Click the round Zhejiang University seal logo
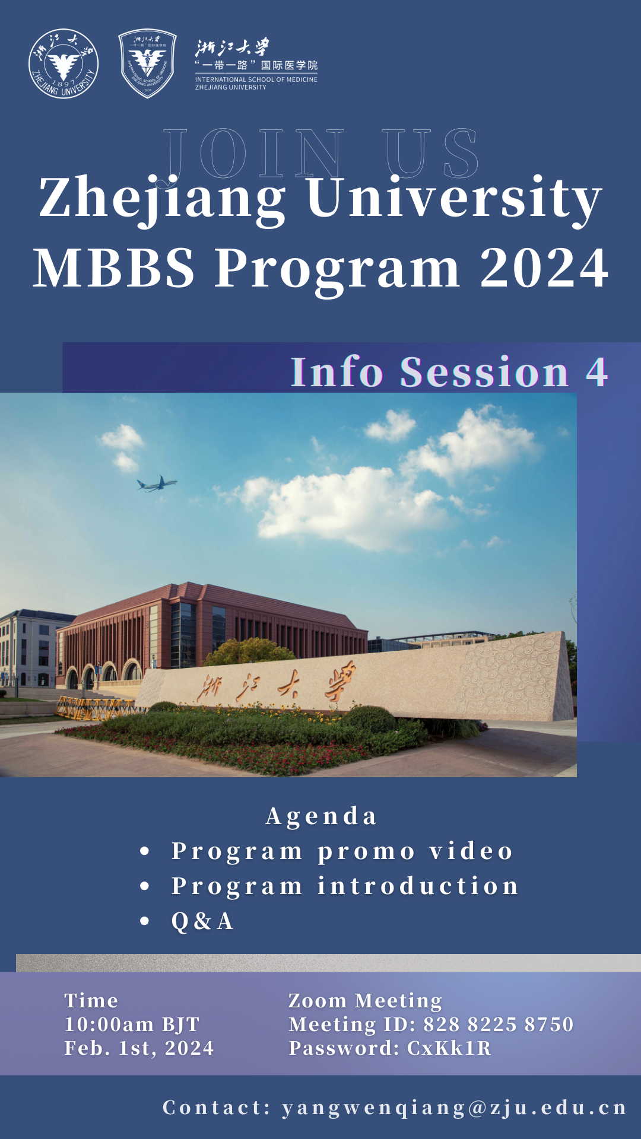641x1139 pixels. (x=64, y=63)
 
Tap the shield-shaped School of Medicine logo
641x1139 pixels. (x=147, y=63)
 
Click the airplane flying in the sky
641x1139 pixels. (x=157, y=484)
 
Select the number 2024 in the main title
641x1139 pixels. (x=544, y=268)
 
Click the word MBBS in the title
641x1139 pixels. (x=114, y=268)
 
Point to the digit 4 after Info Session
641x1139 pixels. (x=597, y=372)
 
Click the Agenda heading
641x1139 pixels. (x=321, y=816)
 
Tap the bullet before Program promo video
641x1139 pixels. (x=145, y=852)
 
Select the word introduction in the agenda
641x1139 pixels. (x=418, y=886)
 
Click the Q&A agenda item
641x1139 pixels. (x=202, y=921)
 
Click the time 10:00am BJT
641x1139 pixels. (x=132, y=1025)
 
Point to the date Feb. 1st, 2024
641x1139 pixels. (x=139, y=1048)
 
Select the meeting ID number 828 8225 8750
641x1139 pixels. (x=499, y=1025)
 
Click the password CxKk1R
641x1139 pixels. (x=449, y=1048)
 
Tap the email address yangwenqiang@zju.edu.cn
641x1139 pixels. (x=454, y=1108)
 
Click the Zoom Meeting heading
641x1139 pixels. (x=365, y=1001)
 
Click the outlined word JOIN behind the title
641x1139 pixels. (x=254, y=153)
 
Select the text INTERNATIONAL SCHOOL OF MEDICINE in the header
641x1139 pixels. (x=256, y=79)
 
